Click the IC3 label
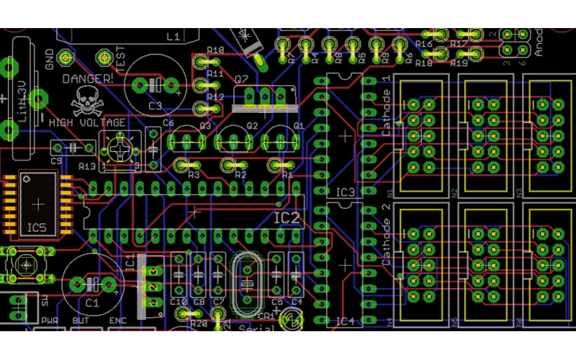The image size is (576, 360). (x=346, y=192)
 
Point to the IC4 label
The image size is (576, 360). (x=346, y=321)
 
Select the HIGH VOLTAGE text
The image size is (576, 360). (x=87, y=123)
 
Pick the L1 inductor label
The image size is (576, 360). (x=173, y=36)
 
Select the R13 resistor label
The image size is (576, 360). (x=87, y=166)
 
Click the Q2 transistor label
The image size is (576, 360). (x=252, y=125)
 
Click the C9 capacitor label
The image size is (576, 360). (x=56, y=162)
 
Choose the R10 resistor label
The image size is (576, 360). (x=215, y=50)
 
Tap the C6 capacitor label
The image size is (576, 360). (x=168, y=123)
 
